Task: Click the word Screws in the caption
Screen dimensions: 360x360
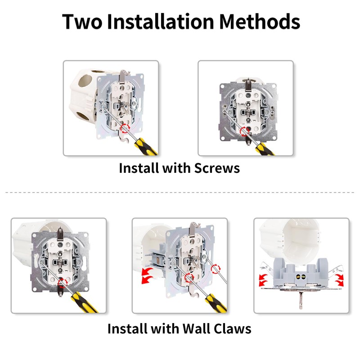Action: point(217,168)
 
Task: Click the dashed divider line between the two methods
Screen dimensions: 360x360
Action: point(180,193)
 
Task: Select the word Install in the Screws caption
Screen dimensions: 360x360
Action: point(138,168)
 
